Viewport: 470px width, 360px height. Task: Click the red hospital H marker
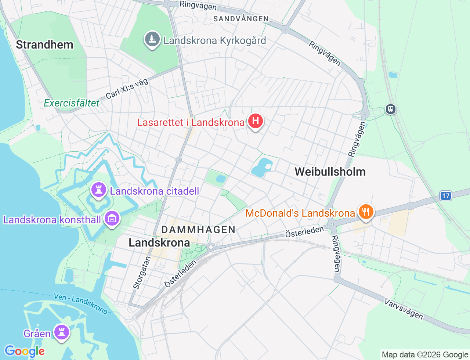[x=255, y=121]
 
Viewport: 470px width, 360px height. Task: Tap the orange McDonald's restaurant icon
[x=365, y=212]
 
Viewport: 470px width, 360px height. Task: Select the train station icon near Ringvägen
[x=391, y=109]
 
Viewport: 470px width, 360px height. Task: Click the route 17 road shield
[x=446, y=196]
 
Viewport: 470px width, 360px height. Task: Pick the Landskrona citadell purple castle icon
[x=98, y=190]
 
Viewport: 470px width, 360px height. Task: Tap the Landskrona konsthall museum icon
[x=112, y=219]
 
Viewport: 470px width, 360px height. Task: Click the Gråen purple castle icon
[x=61, y=332]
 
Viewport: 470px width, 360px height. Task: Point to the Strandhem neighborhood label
[x=44, y=45]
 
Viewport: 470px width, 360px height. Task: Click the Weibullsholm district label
[x=330, y=172]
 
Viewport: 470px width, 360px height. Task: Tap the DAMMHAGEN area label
[x=198, y=230]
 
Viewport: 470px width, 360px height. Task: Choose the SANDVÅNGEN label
[x=241, y=19]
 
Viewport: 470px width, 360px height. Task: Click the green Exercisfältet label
[x=72, y=103]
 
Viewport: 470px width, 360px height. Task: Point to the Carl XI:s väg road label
[x=127, y=89]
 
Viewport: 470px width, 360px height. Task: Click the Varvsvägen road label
[x=404, y=309]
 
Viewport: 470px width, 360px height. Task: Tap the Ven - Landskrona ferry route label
[x=81, y=303]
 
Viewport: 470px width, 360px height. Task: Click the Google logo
[x=25, y=351]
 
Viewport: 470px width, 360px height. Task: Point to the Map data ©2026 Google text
[x=425, y=354]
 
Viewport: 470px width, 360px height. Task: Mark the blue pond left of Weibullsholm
[x=262, y=168]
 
